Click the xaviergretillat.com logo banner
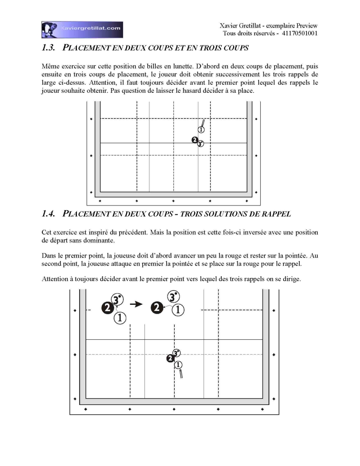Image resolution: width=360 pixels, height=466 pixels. click(x=82, y=30)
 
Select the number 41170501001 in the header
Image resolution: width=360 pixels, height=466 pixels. click(x=299, y=33)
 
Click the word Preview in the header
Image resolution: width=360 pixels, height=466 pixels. click(x=307, y=26)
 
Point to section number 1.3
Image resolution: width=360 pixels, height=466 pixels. click(x=48, y=48)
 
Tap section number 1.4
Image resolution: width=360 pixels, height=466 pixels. click(x=48, y=214)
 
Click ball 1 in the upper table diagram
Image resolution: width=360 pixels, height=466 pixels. click(x=201, y=130)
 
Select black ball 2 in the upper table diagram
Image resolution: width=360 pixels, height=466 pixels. click(x=195, y=140)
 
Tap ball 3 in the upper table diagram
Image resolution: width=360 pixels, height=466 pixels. click(x=200, y=144)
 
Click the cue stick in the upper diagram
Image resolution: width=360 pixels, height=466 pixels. click(x=203, y=123)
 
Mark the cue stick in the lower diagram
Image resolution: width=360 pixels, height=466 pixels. click(x=181, y=374)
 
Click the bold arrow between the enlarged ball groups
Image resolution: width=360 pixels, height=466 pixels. click(x=136, y=304)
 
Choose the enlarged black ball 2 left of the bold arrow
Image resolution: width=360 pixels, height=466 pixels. click(x=108, y=308)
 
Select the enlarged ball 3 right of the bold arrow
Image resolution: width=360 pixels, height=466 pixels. click(x=174, y=297)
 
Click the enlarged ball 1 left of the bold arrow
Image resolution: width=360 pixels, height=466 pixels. click(x=120, y=318)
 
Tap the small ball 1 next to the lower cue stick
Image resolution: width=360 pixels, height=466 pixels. click(x=178, y=365)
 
